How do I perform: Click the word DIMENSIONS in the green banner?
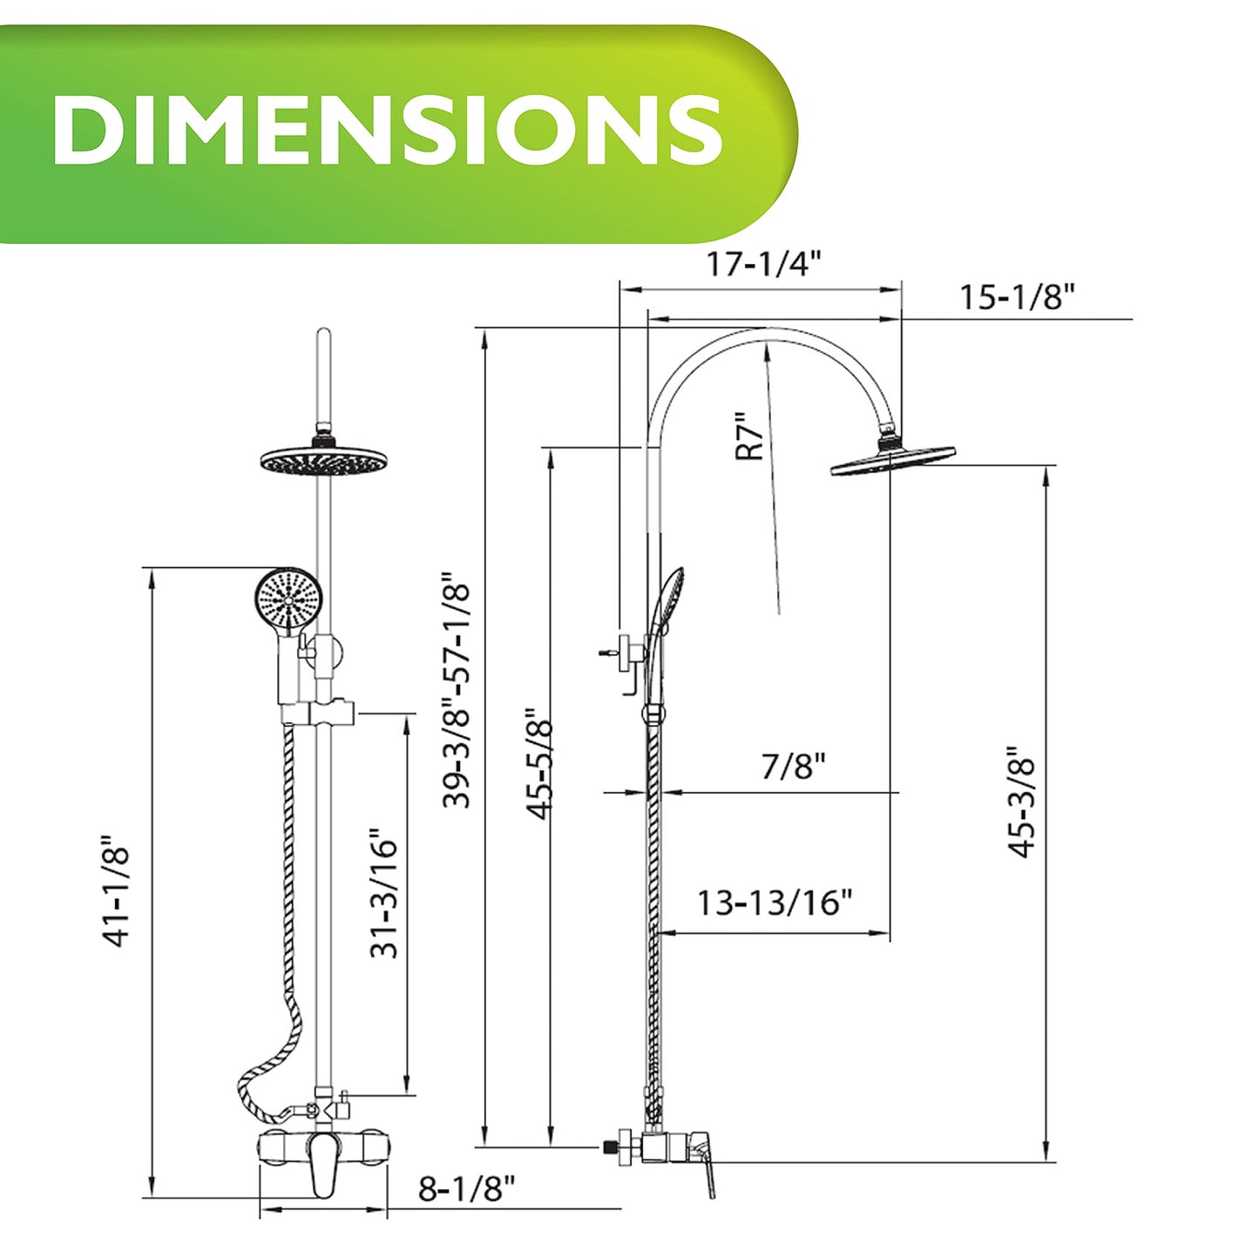pos(387,130)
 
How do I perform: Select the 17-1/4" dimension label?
pos(762,265)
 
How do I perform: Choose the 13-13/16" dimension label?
pos(775,903)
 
